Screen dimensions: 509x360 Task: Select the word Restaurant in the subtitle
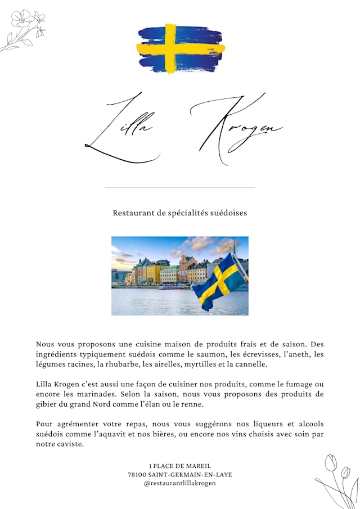tap(133, 213)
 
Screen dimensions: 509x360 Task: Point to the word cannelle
tap(252, 364)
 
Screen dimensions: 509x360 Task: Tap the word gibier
tap(47, 404)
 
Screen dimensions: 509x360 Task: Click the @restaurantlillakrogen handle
tap(180, 483)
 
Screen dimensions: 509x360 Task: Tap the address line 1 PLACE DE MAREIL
tap(180, 466)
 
